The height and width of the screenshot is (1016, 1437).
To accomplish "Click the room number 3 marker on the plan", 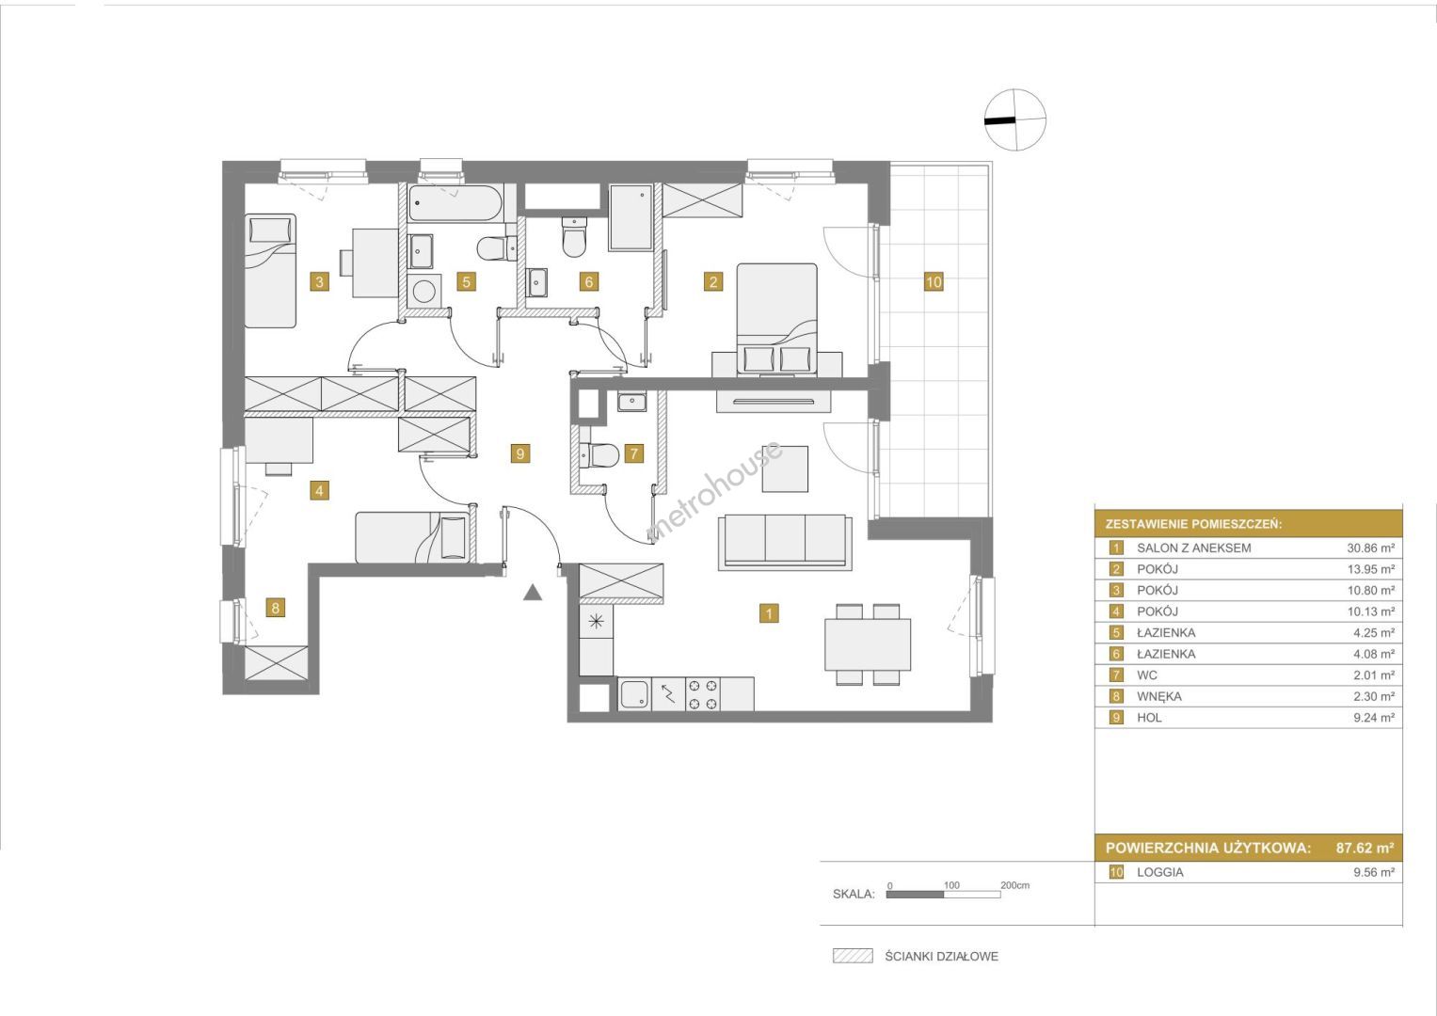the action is pos(319,281).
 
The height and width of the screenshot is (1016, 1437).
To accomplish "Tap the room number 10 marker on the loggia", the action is pos(934,281).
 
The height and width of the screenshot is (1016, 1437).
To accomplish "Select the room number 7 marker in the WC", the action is pos(634,453).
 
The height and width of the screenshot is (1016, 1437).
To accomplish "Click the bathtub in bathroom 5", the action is pos(455,203).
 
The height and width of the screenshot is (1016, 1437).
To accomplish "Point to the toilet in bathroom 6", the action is pos(574,237).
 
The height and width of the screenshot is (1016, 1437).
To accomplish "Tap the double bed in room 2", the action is pos(777,319).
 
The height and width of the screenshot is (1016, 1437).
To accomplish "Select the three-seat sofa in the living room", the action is pos(785,542).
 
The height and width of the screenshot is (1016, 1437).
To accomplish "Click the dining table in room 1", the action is pos(868,644).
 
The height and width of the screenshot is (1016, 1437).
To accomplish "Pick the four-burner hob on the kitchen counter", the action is pos(702,694).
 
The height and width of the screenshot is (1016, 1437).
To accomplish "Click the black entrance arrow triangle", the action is pos(532,593).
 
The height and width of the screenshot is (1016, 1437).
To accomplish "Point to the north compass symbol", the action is pos(1014,120).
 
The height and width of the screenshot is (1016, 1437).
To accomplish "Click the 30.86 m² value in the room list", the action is pos(1370,548).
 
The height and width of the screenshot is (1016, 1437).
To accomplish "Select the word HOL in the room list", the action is pos(1149,717).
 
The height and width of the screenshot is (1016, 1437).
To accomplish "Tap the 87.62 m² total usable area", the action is pos(1365,848).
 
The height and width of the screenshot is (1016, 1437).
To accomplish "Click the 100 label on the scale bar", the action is pos(951,885).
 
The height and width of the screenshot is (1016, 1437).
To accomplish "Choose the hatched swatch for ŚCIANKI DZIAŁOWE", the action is pos(853,956).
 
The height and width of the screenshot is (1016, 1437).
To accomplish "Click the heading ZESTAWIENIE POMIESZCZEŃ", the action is pos(1193,524).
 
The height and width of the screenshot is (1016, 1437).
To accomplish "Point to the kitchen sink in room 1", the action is pos(634,694).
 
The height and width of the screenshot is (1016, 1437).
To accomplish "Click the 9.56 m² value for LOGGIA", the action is pos(1374,872).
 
